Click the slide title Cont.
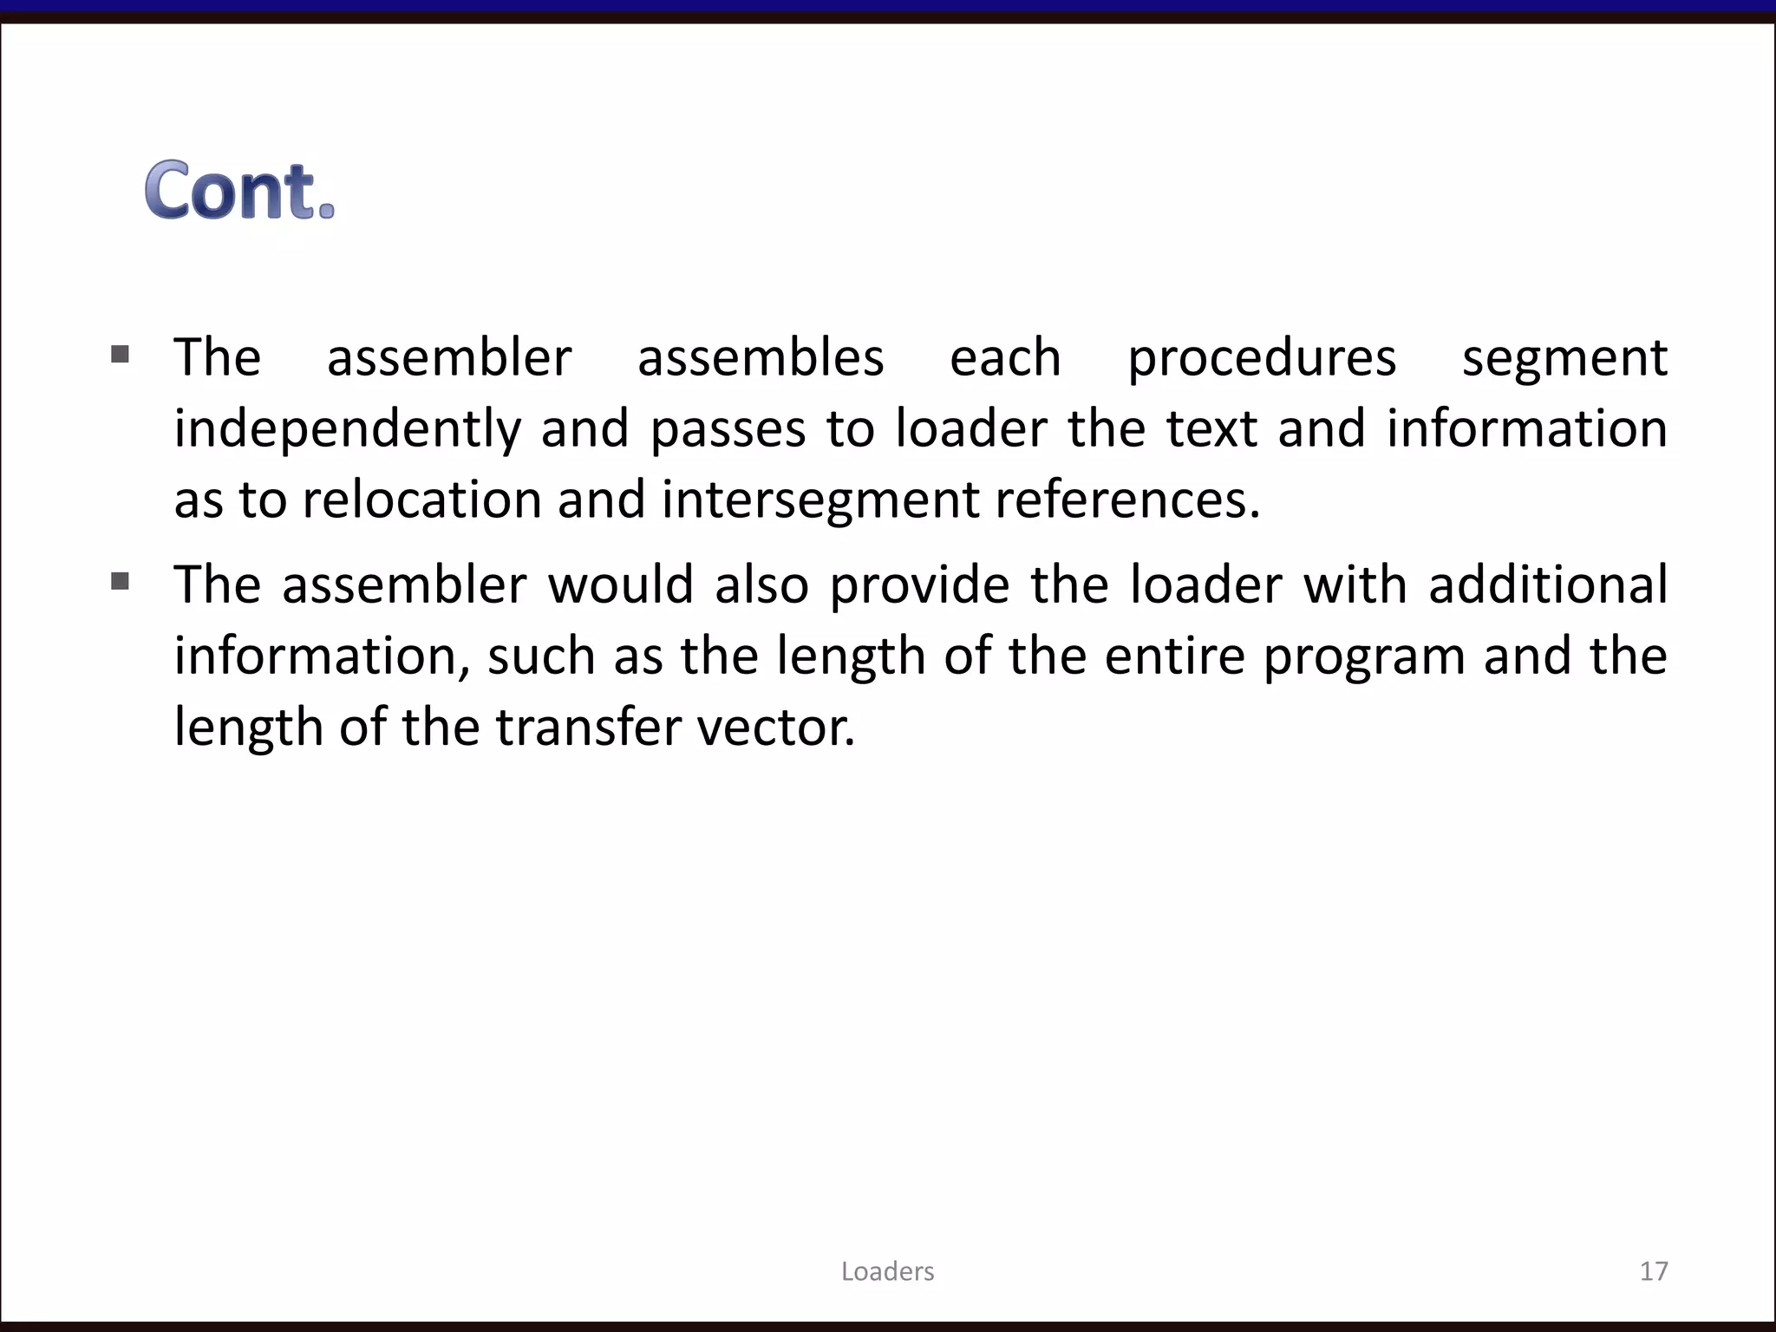239,190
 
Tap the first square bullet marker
121,354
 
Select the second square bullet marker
121,581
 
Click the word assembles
761,357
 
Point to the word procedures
1262,359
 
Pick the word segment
1564,359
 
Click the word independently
347,430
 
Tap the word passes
728,430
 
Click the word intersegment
819,500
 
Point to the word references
1127,500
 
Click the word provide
919,585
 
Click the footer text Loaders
887,1271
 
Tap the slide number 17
1654,1271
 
